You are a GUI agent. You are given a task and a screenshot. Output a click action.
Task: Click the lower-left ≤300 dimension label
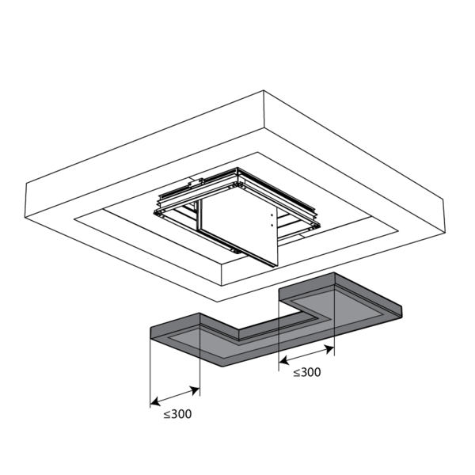(177, 414)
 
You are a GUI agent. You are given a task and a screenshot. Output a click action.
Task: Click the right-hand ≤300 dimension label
(307, 372)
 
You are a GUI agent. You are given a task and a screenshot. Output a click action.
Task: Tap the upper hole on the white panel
(272, 215)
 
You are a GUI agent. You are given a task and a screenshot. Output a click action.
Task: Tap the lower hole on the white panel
(272, 225)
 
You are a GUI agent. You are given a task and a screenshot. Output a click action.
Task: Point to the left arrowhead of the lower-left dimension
(155, 402)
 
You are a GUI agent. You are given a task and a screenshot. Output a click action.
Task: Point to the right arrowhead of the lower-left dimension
(195, 390)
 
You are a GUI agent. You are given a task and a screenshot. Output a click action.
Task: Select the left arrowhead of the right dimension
(283, 360)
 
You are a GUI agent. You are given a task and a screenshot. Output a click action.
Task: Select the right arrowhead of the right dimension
(329, 348)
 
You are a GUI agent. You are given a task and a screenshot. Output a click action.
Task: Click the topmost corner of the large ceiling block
(264, 90)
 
